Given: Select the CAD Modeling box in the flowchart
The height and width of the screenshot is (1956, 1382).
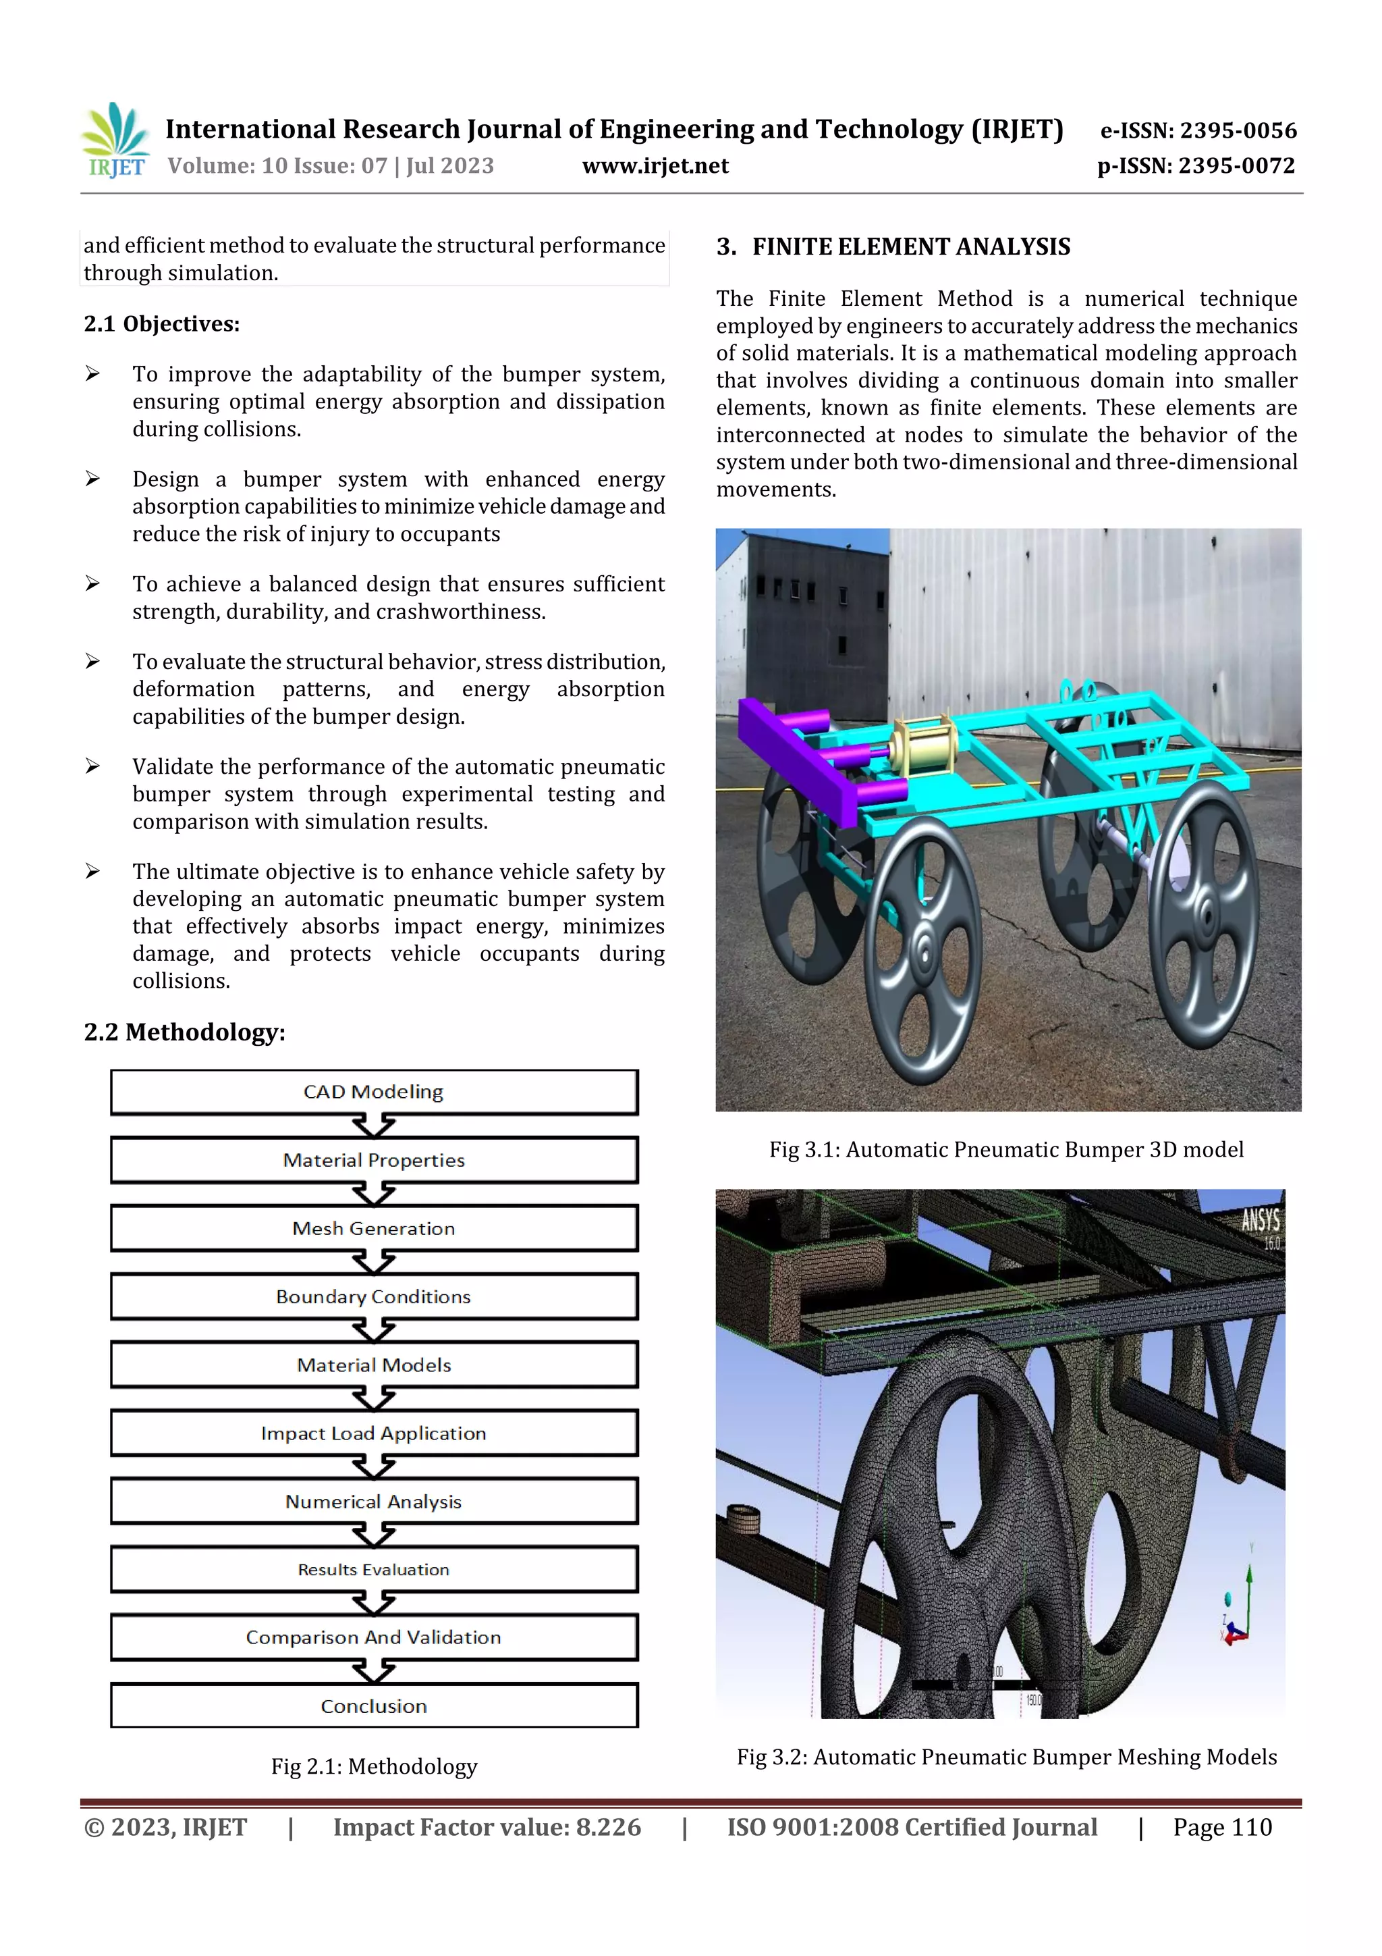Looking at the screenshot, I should [x=374, y=1091].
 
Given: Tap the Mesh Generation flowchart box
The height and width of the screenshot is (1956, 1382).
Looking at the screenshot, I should [x=374, y=1227].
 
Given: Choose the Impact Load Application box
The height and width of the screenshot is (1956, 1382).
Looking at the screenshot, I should [x=374, y=1433].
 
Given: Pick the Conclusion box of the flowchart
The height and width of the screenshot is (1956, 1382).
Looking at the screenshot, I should [x=374, y=1706].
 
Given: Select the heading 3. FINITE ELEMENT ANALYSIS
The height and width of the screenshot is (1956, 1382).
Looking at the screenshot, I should [x=893, y=247].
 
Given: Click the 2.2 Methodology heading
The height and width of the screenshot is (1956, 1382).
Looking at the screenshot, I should [x=185, y=1032].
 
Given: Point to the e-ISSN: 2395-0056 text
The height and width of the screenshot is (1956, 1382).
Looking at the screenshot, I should [x=1198, y=130].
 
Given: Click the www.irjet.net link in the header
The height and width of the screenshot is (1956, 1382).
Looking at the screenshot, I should [x=655, y=165].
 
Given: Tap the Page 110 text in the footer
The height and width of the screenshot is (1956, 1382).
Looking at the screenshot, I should [x=1222, y=1826].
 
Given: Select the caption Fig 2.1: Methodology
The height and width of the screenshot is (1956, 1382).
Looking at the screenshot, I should [x=374, y=1766].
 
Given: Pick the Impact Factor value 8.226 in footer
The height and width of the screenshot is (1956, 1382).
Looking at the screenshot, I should [x=487, y=1826].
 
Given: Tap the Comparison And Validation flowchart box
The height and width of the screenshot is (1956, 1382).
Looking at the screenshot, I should [x=374, y=1637].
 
